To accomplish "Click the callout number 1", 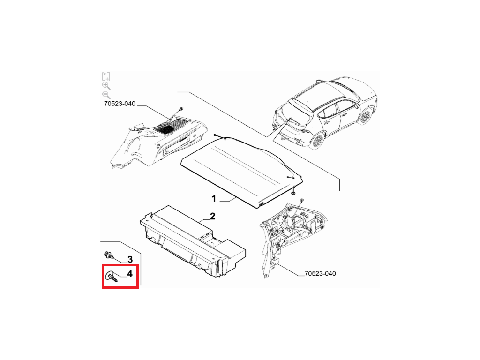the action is point(214,199).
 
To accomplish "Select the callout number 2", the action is point(212,217).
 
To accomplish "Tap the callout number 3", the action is point(130,260).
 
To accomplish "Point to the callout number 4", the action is point(130,273).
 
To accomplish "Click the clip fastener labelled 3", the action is point(109,255).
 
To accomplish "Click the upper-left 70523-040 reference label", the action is point(120,104).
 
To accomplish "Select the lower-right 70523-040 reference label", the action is point(320,273).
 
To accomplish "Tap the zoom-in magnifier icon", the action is point(106,86).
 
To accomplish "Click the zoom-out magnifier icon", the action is point(106,95).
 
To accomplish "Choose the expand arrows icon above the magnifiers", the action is point(106,76).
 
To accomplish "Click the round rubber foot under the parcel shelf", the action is point(293,193).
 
